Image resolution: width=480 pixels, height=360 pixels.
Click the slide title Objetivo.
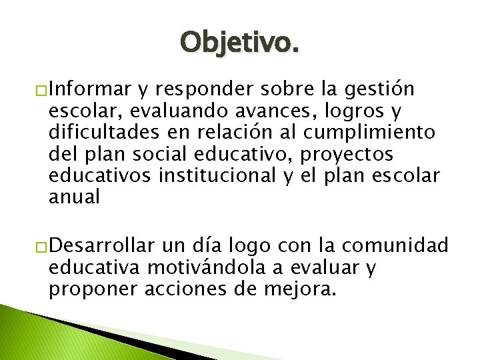pos(239,43)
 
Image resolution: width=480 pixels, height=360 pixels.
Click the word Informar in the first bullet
pos(91,89)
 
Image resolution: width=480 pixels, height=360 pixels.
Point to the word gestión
pos(383,89)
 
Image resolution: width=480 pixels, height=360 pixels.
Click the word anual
pos(73,198)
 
